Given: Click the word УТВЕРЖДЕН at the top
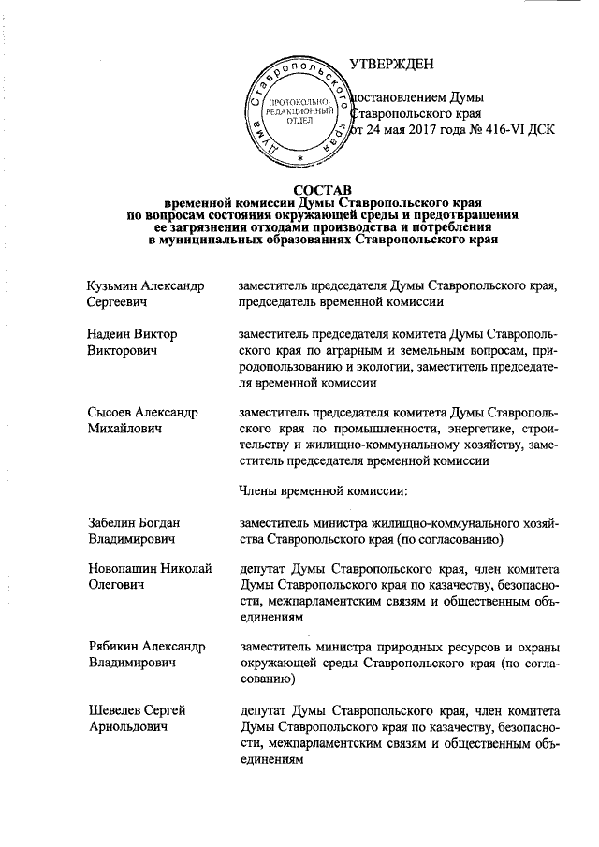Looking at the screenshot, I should tap(392, 64).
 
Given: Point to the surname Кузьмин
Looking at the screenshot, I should tap(112, 285).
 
